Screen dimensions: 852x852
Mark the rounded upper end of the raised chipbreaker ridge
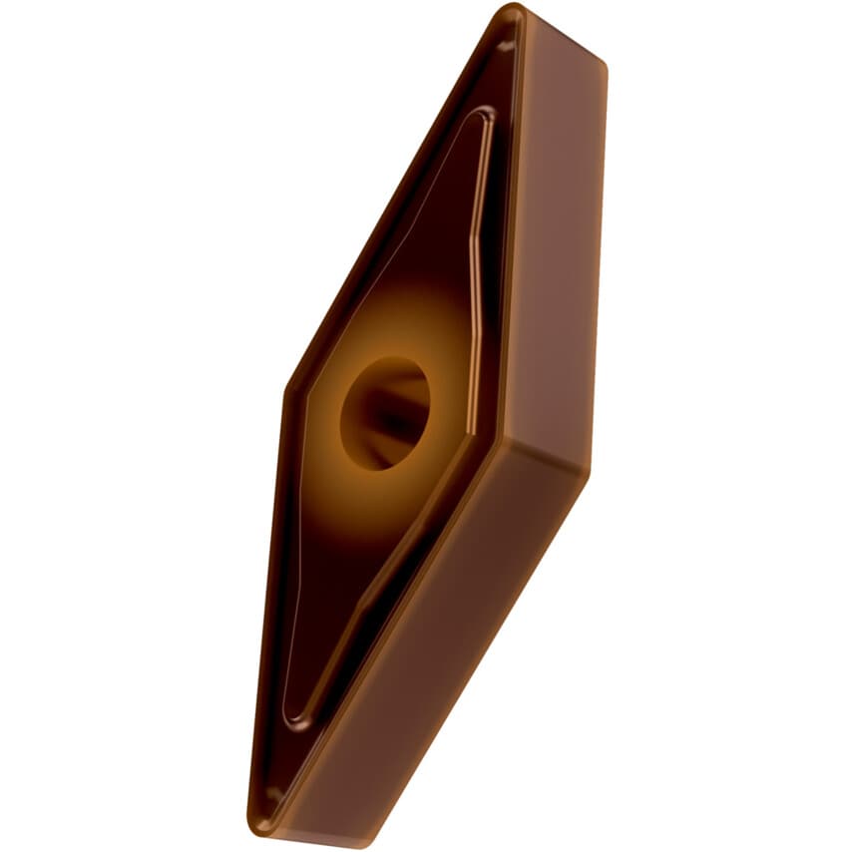483,118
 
